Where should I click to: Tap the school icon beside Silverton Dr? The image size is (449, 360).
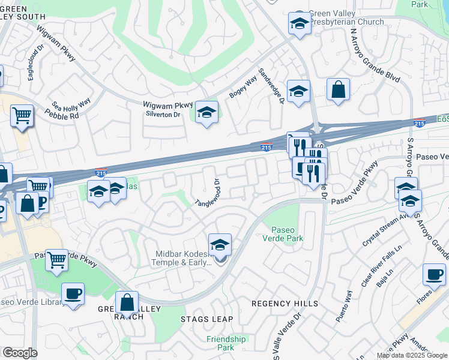click(206, 113)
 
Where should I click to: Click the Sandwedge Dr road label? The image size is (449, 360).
click(271, 85)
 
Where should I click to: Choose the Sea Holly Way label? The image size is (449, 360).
click(71, 103)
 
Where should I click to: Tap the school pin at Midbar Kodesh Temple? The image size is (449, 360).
click(220, 245)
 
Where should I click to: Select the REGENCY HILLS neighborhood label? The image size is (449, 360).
click(285, 304)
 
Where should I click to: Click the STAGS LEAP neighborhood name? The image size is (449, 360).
click(206, 319)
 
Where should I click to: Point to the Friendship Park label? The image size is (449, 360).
click(226, 343)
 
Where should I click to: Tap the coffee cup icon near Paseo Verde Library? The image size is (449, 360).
click(73, 294)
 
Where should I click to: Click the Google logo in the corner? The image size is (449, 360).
click(20, 353)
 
